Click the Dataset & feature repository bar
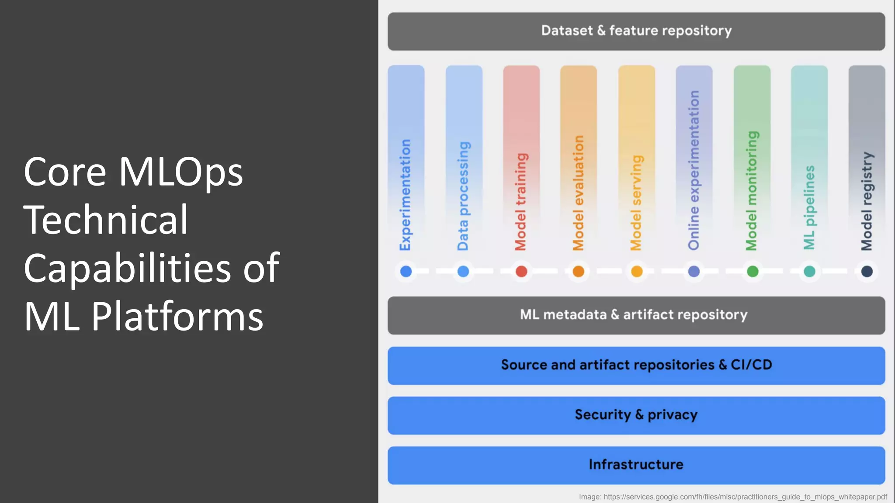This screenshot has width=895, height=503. coord(636,31)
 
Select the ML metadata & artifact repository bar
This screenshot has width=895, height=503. coord(636,315)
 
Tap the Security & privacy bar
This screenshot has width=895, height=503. coord(636,415)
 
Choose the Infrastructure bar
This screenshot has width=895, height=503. coord(636,465)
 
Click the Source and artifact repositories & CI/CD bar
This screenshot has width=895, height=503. coord(636,365)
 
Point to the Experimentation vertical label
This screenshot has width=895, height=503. coord(406,195)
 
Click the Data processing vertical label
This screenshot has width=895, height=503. coord(463,196)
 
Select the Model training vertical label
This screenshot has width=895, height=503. coord(521,202)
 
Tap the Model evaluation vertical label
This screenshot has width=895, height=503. coord(578,193)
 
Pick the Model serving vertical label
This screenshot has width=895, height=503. coord(636,203)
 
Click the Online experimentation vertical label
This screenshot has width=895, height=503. coord(694,170)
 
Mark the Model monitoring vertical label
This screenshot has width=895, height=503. coord(752,191)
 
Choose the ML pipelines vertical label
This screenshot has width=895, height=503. coord(809,207)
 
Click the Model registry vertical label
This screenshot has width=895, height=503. coord(867,201)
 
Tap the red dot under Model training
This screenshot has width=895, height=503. coord(521,272)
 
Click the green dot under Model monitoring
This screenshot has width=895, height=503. coord(753,272)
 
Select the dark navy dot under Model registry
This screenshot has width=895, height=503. coord(867,272)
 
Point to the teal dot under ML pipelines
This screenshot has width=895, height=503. coord(809,272)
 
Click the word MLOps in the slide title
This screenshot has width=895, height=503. coord(180,172)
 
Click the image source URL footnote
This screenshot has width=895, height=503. coord(733,497)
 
